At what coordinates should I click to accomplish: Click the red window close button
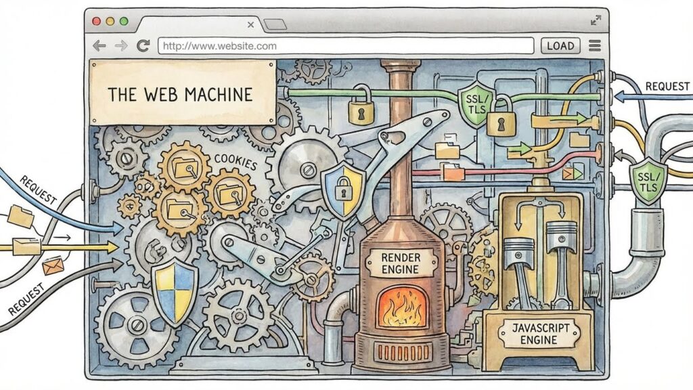click(96, 21)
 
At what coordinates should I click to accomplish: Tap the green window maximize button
click(124, 21)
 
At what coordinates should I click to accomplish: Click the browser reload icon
click(143, 45)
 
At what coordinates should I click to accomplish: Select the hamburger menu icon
click(595, 45)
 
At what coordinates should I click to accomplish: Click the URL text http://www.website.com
click(220, 46)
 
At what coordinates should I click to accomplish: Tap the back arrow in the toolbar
click(99, 45)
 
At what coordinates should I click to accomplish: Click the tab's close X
click(250, 25)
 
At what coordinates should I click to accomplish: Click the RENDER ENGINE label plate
click(401, 263)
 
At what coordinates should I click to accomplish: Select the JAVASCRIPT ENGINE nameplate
click(539, 334)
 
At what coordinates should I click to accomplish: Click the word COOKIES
click(236, 162)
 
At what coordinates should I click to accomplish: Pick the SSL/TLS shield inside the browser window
click(476, 105)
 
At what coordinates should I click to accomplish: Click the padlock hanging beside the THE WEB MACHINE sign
click(361, 106)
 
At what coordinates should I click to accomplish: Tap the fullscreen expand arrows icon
click(596, 20)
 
